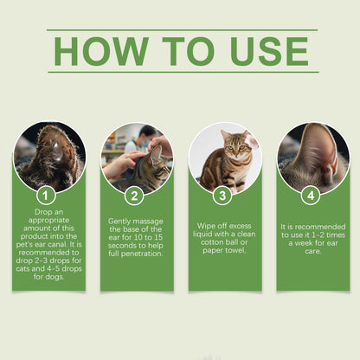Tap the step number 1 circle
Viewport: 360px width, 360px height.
[48, 196]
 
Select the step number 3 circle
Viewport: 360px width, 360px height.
[224, 196]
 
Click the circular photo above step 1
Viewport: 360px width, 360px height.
[49, 157]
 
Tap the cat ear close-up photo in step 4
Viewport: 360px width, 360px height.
[312, 157]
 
